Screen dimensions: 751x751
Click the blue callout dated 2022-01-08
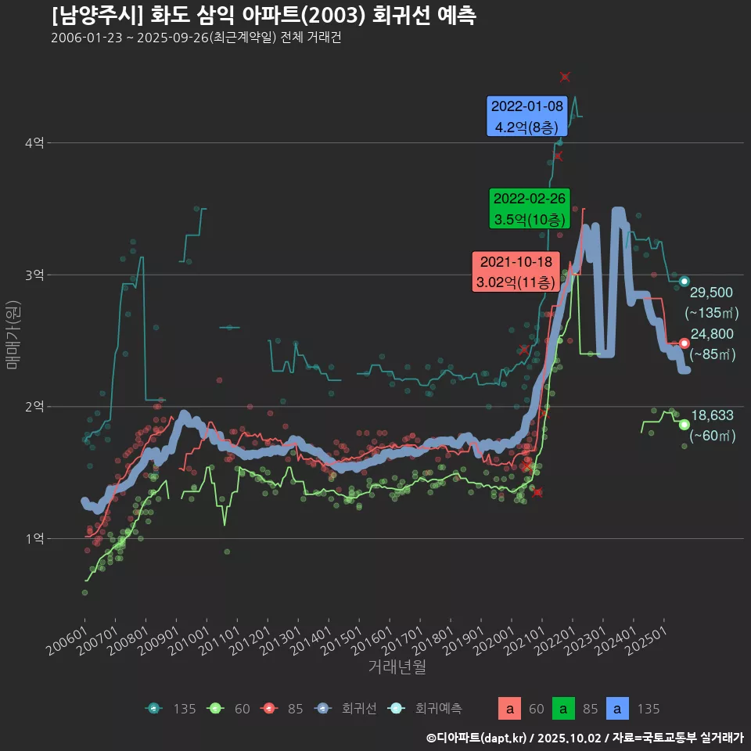[526, 117]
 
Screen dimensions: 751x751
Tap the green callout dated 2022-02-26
[529, 209]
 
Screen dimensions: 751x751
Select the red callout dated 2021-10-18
[516, 271]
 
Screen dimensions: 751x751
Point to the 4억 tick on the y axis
[34, 143]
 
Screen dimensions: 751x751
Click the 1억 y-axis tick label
[34, 539]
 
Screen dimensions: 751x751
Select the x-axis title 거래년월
[397, 667]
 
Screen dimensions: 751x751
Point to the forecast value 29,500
[711, 293]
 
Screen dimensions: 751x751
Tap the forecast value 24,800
[711, 334]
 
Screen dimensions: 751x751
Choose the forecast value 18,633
[711, 415]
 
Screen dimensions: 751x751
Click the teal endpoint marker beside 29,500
[685, 282]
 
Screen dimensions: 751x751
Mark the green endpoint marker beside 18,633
[685, 425]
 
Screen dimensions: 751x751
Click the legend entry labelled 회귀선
[348, 709]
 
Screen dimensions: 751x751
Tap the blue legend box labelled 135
[618, 709]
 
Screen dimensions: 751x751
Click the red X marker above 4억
[565, 77]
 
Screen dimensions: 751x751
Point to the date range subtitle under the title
[196, 38]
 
